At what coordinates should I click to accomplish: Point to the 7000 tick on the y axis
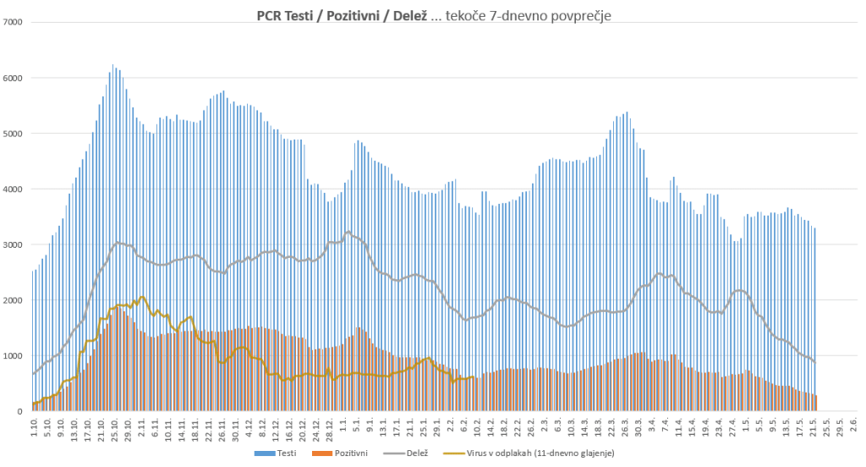tap(16, 22)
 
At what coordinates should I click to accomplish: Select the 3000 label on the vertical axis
tap(16, 244)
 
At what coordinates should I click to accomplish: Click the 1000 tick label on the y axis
tap(16, 355)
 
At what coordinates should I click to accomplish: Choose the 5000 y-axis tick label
tap(16, 134)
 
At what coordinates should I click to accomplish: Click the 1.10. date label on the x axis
tap(34, 427)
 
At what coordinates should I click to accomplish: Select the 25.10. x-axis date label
tap(112, 428)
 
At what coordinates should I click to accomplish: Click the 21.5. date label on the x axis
tap(814, 428)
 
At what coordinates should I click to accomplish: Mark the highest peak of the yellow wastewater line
tap(142, 297)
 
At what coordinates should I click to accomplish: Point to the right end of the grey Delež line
tap(814, 362)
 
